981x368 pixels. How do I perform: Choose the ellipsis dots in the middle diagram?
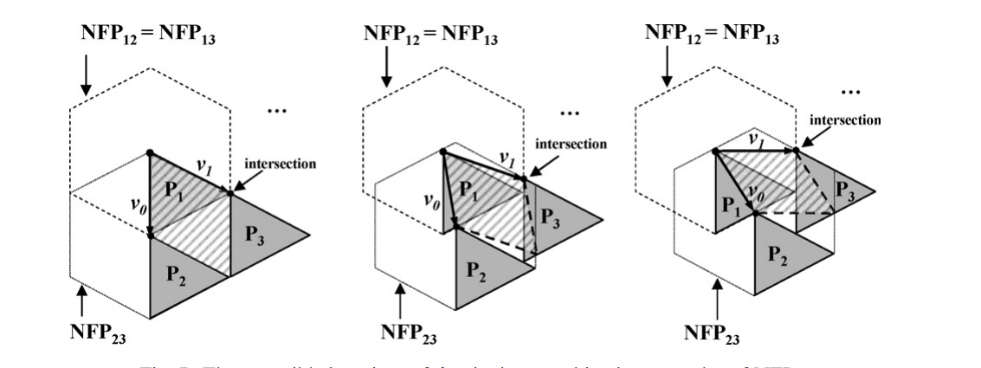coord(569,113)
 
